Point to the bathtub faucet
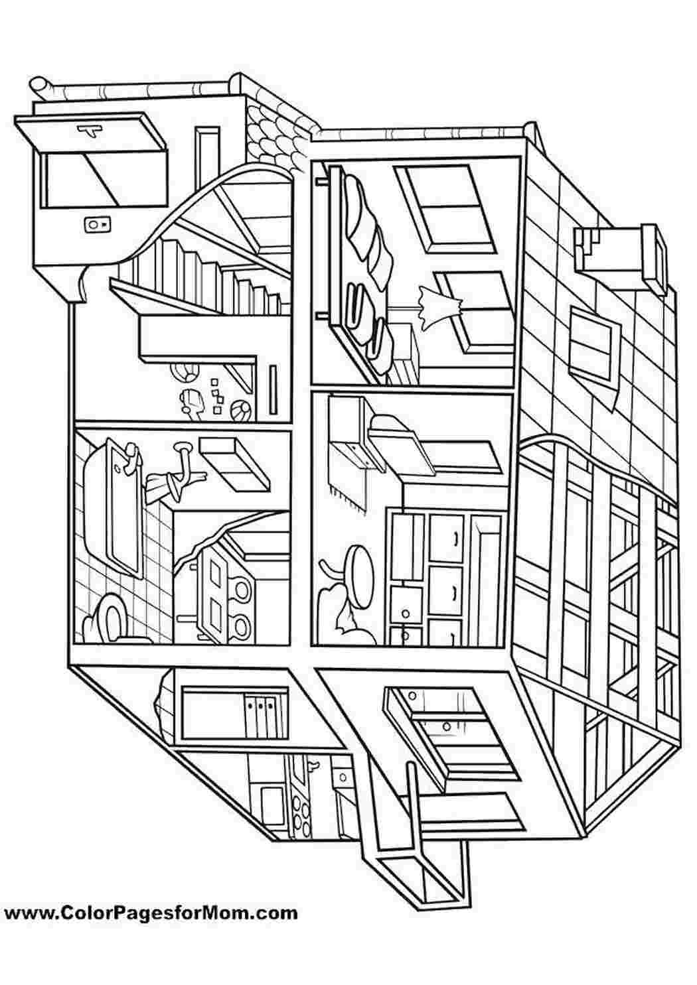pos(130,460)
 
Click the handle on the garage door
pos(90,129)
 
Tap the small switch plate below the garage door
pos(98,225)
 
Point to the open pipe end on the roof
pos(37,84)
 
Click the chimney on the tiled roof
pos(621,255)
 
